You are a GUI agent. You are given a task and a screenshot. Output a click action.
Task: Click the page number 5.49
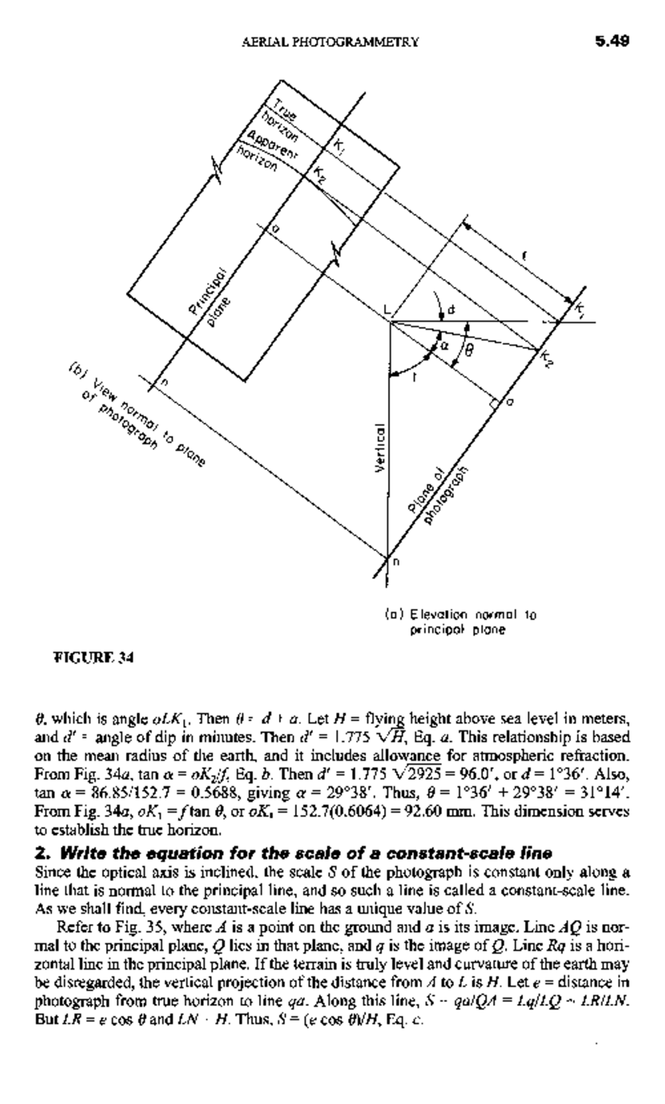[x=611, y=42]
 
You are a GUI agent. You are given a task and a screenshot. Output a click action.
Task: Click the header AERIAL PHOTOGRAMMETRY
[x=330, y=42]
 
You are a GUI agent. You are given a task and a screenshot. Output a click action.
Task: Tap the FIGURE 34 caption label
[x=93, y=658]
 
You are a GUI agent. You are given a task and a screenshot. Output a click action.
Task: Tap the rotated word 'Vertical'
[x=380, y=448]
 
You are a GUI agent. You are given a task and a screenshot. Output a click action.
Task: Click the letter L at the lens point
[x=386, y=310]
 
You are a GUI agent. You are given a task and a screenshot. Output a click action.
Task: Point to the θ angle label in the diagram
[x=469, y=351]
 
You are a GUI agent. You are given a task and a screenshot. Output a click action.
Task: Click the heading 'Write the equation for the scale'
[x=294, y=852]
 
